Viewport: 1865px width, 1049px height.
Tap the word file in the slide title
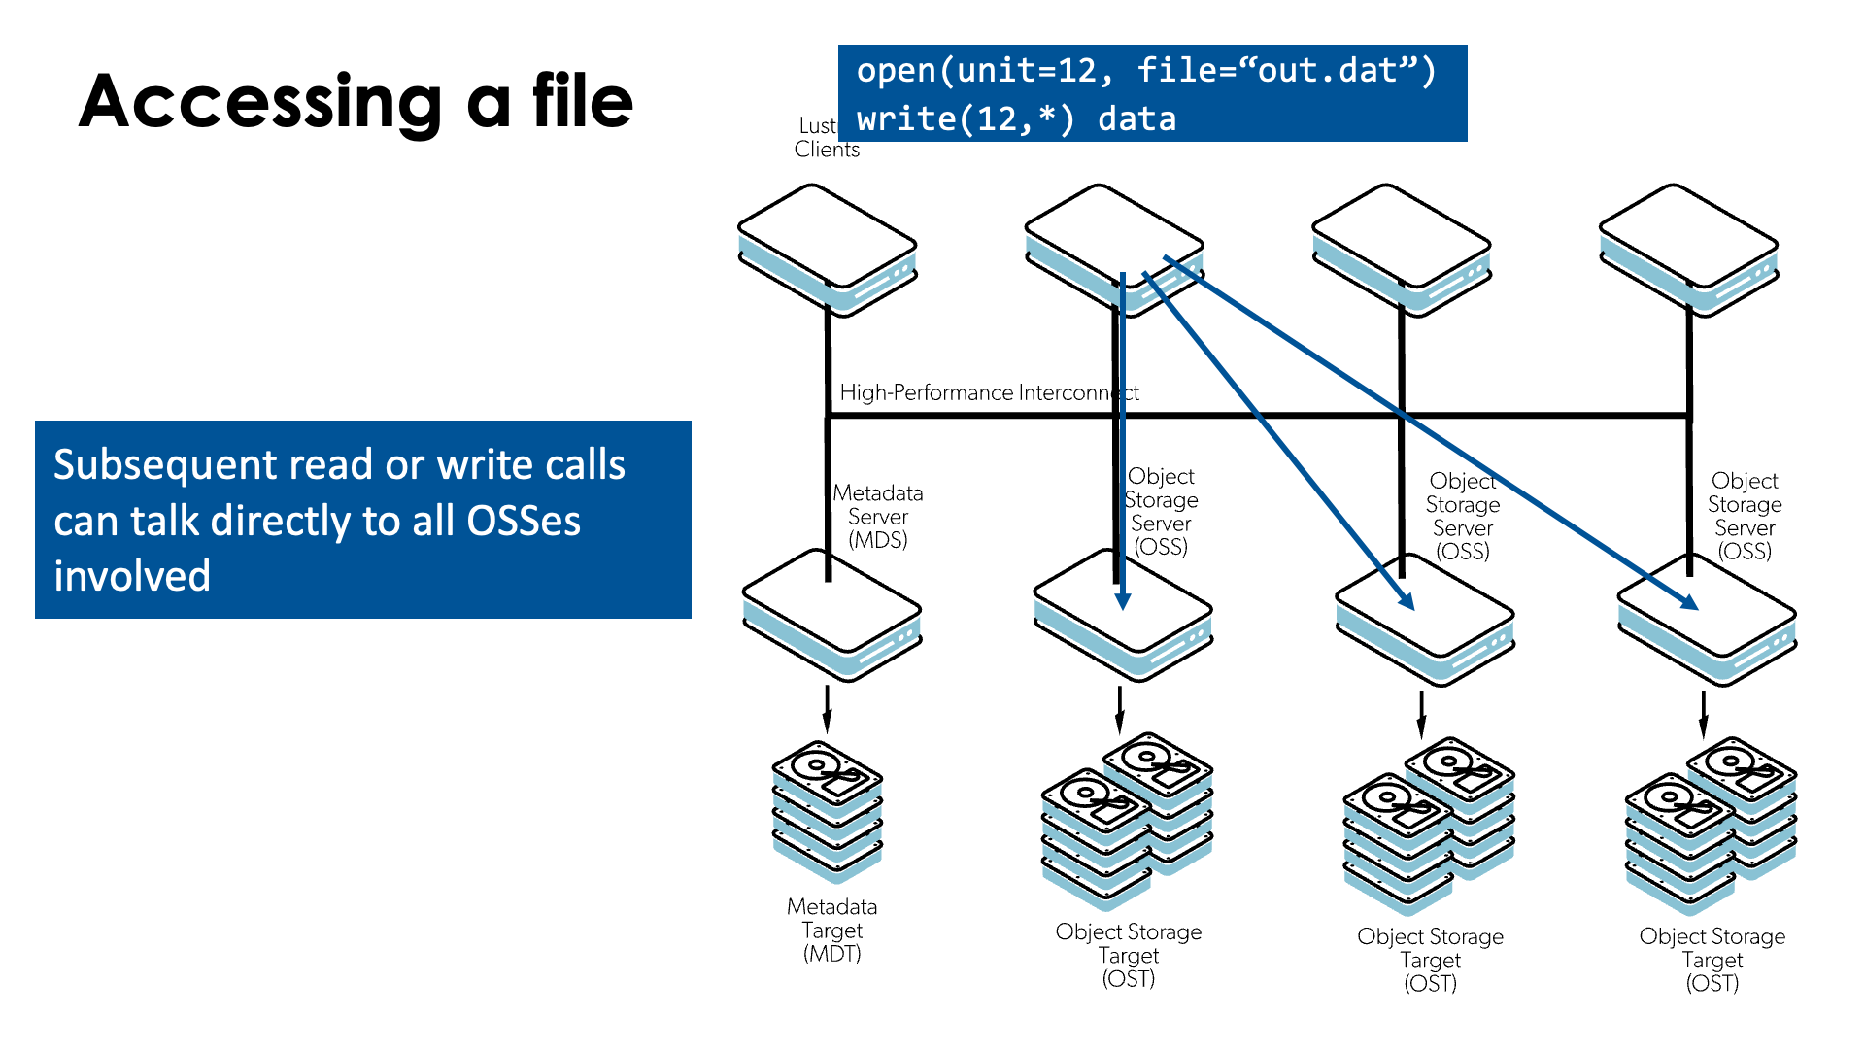click(x=582, y=101)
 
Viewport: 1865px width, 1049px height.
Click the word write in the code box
click(x=906, y=119)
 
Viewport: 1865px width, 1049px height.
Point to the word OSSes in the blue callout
click(x=524, y=521)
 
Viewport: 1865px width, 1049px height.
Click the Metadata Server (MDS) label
click(x=878, y=517)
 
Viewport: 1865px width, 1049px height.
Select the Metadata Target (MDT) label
click(x=832, y=930)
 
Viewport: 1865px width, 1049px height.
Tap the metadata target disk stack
click(x=828, y=811)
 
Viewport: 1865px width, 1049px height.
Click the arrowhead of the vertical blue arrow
click(x=1123, y=601)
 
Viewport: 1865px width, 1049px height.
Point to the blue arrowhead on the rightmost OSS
click(x=1690, y=603)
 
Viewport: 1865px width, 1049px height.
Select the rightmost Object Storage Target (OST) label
click(x=1712, y=960)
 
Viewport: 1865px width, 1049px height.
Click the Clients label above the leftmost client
click(x=827, y=150)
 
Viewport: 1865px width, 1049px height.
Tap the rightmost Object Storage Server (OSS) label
click(x=1745, y=516)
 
